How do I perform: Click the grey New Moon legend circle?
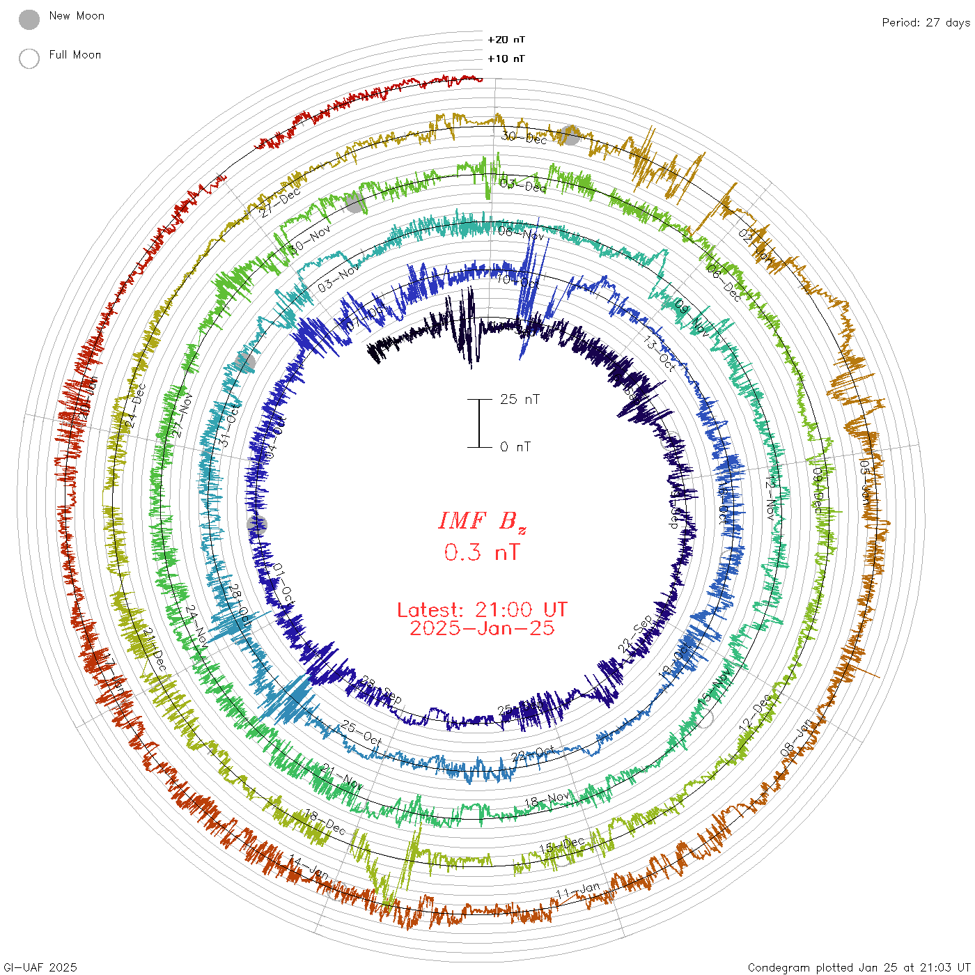click(29, 19)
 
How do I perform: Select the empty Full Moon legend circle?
click(29, 58)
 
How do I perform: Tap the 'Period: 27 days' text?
click(926, 22)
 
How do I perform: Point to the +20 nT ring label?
click(506, 40)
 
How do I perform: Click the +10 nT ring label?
click(506, 58)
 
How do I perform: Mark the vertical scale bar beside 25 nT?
click(479, 423)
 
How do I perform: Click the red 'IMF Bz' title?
click(482, 521)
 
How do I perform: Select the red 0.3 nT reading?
click(482, 552)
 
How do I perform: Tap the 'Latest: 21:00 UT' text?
click(482, 610)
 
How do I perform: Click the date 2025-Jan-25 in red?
click(482, 628)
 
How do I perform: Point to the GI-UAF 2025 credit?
click(39, 967)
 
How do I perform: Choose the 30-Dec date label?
click(524, 138)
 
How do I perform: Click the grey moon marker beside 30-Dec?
click(570, 135)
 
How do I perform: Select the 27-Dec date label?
click(281, 203)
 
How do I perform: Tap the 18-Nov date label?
click(547, 800)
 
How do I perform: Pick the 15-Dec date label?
click(562, 845)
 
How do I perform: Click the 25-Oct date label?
click(361, 732)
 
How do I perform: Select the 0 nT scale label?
click(515, 446)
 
